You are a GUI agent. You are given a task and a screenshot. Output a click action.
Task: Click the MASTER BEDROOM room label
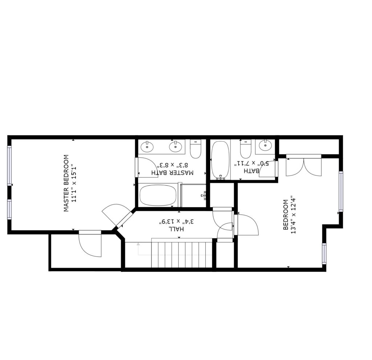66,183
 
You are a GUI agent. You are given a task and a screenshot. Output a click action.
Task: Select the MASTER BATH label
173,173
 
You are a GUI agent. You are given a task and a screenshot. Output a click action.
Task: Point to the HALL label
176,229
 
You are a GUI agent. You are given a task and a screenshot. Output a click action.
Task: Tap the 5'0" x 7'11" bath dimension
252,163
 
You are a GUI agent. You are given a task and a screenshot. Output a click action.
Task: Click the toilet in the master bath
196,149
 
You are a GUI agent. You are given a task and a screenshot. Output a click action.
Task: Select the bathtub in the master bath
158,195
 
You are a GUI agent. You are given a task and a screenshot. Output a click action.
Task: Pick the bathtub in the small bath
221,160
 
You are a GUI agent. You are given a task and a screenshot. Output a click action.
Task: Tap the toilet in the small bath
245,149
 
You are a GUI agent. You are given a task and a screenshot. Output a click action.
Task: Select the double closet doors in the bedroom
304,166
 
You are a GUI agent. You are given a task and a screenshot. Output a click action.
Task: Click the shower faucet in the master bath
204,195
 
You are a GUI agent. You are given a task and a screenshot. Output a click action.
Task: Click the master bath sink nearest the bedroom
147,146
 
